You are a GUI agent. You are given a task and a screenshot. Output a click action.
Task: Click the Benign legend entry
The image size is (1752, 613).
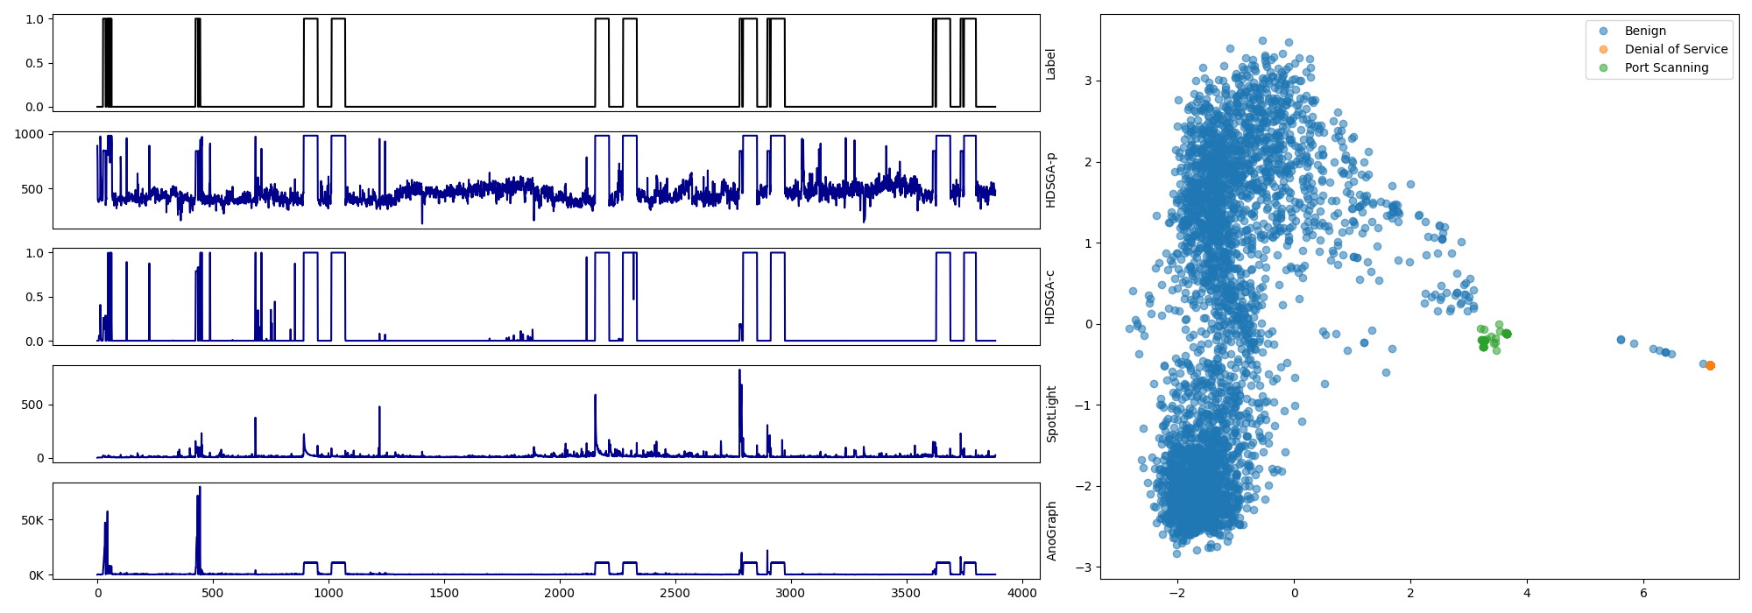tap(1644, 31)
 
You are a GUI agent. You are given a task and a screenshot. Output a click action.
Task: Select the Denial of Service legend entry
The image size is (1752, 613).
tap(1675, 49)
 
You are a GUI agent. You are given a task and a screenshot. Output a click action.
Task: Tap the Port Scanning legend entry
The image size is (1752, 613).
tap(1665, 67)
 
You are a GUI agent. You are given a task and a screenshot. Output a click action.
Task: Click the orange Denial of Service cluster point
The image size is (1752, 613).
tap(1710, 365)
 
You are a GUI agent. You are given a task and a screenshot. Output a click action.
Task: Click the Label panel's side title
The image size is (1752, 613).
tap(1050, 64)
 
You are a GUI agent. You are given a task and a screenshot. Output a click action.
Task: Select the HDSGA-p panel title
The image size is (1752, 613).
tap(1050, 180)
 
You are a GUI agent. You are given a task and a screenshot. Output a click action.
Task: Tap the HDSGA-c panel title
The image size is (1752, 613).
tap(1050, 297)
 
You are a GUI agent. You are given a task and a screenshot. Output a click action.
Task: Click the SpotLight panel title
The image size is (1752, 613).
tap(1050, 413)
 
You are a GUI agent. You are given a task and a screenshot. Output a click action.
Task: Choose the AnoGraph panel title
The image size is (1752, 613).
tap(1050, 531)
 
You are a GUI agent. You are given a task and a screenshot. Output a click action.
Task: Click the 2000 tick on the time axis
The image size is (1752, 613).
tap(560, 593)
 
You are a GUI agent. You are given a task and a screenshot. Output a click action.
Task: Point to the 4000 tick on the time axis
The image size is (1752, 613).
tap(1021, 593)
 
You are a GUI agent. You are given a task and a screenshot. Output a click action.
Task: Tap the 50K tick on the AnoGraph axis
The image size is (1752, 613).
tap(32, 520)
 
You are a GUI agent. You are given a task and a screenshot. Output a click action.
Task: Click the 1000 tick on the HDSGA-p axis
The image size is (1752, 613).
tap(29, 134)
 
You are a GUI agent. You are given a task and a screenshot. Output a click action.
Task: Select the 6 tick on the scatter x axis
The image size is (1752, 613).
tap(1643, 593)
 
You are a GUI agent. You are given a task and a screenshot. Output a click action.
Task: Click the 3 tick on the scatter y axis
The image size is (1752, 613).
tap(1087, 81)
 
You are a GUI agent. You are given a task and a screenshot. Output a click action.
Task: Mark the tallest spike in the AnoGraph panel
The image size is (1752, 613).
tap(200, 488)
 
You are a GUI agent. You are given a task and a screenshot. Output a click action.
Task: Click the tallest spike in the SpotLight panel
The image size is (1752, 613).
tap(739, 371)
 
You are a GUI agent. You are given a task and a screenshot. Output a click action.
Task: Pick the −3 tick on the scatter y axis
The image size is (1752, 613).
tap(1084, 567)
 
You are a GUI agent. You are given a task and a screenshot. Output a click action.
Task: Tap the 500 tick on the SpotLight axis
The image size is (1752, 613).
tap(32, 405)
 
